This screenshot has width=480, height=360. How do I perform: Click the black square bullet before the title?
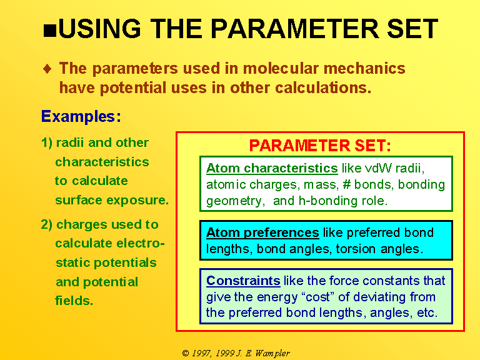point(50,31)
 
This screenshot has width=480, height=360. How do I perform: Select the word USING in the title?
point(100,29)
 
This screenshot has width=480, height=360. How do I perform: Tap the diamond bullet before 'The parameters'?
point(47,68)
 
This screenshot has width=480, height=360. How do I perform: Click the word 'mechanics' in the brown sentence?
point(364,68)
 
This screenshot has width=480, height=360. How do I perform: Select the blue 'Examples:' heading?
point(81,117)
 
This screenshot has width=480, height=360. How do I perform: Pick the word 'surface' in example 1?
point(79,200)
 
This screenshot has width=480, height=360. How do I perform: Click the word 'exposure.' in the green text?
point(137,201)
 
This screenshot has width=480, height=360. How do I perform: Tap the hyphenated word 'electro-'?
point(141,243)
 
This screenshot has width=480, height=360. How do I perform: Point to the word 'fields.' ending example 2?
point(74,300)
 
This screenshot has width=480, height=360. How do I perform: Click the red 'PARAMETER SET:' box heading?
point(320,146)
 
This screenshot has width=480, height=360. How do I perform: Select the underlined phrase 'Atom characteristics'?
point(272,168)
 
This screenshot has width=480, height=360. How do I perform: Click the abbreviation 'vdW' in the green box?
point(378,168)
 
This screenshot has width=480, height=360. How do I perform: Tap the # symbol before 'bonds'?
point(346,184)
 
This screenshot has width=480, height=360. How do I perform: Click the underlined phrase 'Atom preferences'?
point(262,232)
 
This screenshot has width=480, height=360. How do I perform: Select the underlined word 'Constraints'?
point(243,281)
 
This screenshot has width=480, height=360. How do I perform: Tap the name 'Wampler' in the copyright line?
point(272,354)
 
